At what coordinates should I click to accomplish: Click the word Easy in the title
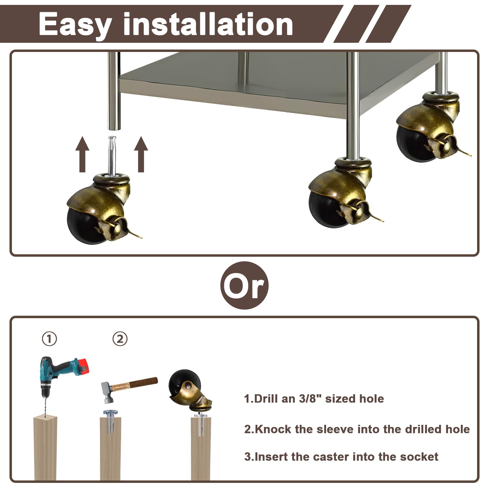75,24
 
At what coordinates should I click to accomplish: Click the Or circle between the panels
244,285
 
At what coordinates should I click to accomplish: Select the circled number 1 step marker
49,339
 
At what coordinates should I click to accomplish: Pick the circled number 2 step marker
120,339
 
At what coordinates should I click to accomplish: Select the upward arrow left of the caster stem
82,154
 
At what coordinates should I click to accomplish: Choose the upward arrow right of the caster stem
141,154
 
